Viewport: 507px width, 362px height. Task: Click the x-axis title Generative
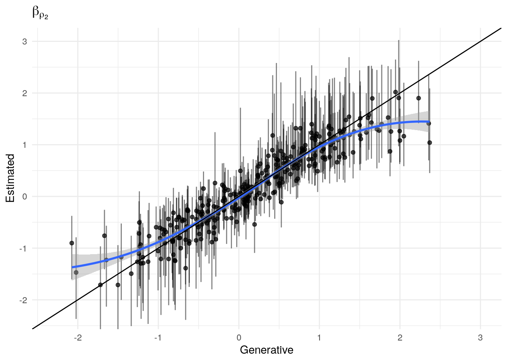266,350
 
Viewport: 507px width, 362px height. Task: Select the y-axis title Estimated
10,178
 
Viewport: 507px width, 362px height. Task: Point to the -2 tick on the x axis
77,338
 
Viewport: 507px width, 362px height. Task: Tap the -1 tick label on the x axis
158,338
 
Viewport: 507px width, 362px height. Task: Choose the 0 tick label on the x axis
239,338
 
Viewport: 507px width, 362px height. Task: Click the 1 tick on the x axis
319,338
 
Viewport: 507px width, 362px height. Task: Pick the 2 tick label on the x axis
400,338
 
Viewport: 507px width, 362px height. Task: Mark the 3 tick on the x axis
480,338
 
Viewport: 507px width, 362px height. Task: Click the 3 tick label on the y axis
25,41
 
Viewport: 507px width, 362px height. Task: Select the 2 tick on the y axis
25,93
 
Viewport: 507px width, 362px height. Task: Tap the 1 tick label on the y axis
25,145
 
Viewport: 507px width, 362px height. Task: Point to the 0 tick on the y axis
25,196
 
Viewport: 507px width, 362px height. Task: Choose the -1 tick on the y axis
24,248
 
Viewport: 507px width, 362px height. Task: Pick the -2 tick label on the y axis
24,300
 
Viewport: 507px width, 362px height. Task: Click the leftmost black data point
72,243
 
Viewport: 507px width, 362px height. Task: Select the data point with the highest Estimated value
396,92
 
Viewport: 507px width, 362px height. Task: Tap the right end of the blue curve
429,121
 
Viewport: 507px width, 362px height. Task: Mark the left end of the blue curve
72,267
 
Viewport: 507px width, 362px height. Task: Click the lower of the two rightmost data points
430,143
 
